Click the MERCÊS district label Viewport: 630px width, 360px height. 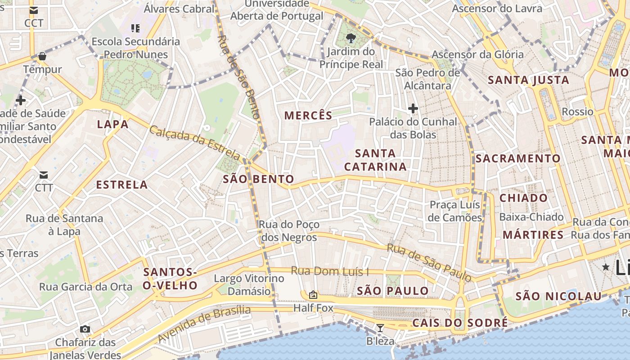point(308,116)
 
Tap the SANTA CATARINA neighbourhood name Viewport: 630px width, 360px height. point(375,160)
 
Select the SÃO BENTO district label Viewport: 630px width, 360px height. point(258,179)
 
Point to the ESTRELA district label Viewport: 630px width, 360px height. point(122,184)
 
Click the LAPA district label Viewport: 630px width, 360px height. point(112,125)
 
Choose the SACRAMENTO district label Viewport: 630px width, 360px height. point(518,158)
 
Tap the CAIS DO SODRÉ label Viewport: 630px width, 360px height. point(460,323)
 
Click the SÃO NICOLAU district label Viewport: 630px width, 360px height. point(558,296)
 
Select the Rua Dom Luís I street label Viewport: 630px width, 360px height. point(330,271)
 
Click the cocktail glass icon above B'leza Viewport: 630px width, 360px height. point(380,328)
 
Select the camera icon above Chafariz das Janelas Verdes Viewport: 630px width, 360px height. point(85,329)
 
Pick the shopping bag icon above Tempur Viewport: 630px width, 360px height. point(42,56)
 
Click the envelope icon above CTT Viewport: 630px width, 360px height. point(44,175)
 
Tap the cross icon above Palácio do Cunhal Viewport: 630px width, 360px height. point(413,108)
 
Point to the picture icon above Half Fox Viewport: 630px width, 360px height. point(313,295)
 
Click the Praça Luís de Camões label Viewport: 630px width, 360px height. point(455,211)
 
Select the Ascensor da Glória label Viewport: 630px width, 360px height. point(477,55)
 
